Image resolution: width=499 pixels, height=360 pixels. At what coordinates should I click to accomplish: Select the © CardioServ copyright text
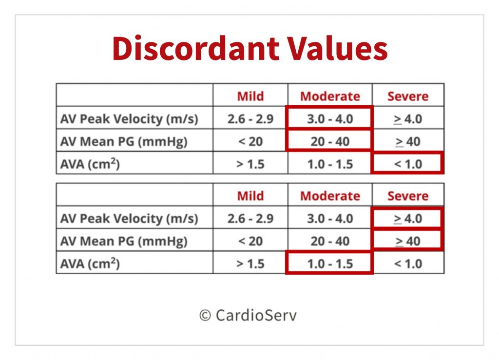tap(248, 315)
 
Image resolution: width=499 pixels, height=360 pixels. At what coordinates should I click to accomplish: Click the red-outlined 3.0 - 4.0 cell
tap(330, 118)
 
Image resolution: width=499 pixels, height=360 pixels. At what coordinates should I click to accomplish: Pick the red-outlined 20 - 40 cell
tap(330, 141)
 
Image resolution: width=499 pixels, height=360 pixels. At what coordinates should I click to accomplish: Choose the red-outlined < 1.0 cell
tap(407, 163)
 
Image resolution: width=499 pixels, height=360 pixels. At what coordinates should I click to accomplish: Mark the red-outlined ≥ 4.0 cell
tap(407, 218)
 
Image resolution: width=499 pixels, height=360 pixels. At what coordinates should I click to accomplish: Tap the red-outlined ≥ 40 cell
tap(407, 241)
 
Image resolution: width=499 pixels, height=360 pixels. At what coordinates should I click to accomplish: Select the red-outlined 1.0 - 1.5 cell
tap(330, 263)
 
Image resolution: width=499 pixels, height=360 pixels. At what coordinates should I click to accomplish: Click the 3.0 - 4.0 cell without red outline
tap(330, 218)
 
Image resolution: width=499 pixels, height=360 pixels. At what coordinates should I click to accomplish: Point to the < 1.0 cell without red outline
tap(407, 264)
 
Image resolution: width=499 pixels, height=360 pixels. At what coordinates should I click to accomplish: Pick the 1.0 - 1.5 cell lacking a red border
tap(330, 164)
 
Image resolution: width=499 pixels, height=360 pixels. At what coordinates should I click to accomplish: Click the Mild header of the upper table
tap(250, 96)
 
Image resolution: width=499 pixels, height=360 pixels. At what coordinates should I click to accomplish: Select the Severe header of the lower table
tap(407, 196)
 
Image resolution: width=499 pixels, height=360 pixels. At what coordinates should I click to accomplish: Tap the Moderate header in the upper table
tap(330, 96)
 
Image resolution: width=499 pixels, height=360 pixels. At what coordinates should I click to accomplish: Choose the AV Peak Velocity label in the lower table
tap(129, 218)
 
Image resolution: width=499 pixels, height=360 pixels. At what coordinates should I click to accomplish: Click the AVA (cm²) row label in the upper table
tap(90, 164)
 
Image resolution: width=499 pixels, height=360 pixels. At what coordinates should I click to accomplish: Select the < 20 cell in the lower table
tap(250, 241)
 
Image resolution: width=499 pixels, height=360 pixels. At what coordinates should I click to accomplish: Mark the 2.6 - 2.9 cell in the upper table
tap(250, 119)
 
